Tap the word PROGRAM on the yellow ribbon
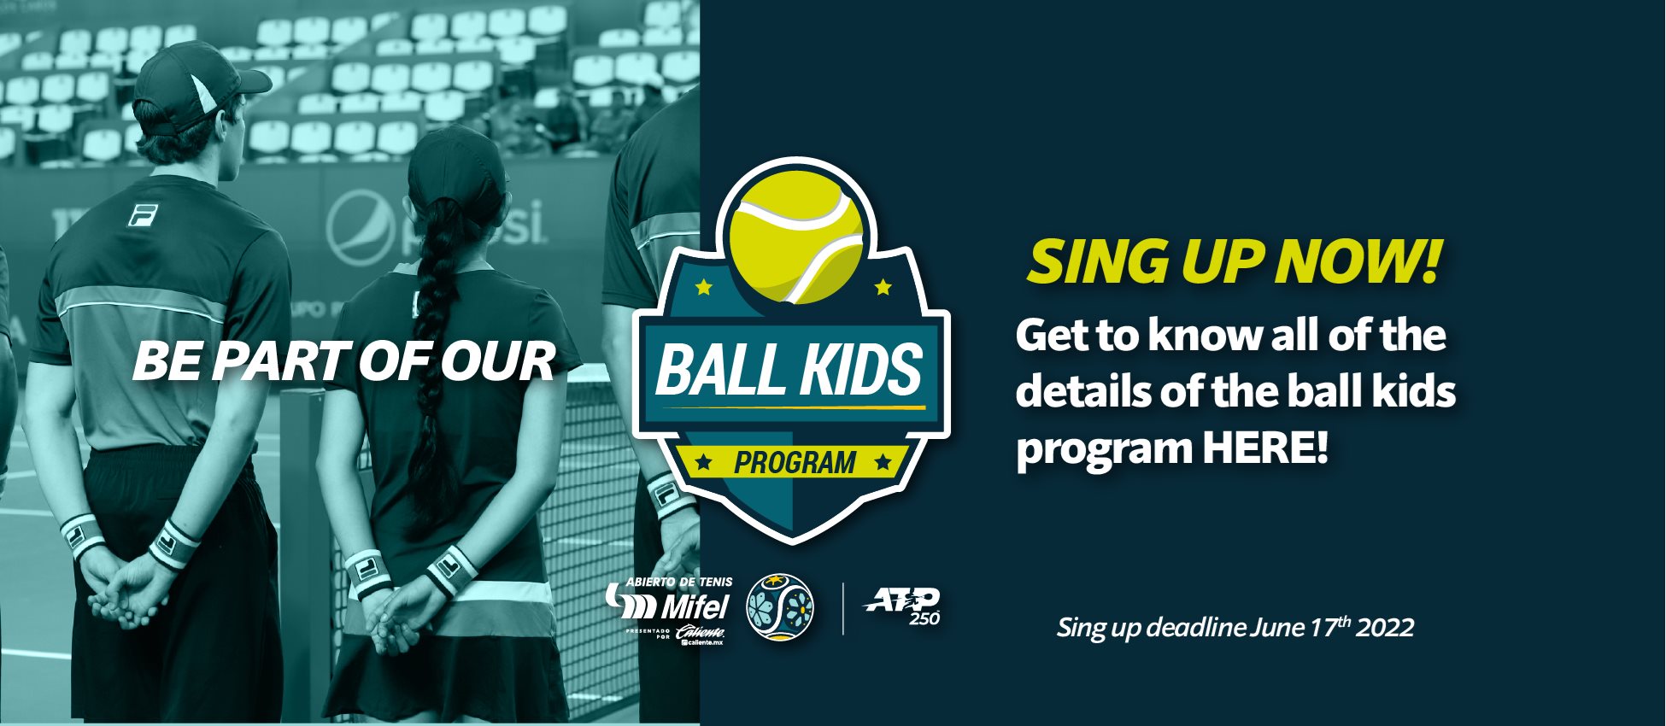click(x=795, y=463)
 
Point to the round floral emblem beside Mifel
click(x=779, y=607)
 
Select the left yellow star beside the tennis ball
click(x=704, y=286)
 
